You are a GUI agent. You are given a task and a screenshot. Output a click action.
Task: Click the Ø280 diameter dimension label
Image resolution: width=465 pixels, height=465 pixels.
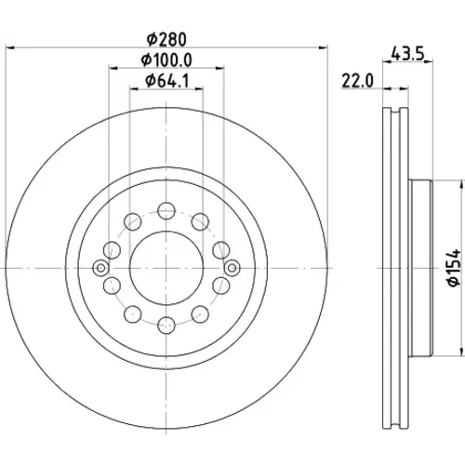pyautogui.click(x=166, y=39)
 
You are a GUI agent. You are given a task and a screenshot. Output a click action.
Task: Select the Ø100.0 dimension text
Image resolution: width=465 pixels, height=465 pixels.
pyautogui.click(x=166, y=60)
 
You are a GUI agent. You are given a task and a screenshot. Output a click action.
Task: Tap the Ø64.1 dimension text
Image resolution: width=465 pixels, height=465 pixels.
pyautogui.click(x=166, y=81)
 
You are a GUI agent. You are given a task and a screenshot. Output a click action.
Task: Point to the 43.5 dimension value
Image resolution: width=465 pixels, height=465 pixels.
pyautogui.click(x=407, y=53)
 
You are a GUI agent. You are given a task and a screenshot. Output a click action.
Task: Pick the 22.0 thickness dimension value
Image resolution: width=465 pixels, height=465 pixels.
pyautogui.click(x=358, y=81)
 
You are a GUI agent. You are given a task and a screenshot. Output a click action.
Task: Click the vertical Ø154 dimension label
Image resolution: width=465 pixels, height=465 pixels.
pyautogui.click(x=455, y=268)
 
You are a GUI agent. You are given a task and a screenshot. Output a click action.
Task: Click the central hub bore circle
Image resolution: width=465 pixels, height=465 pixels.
pyautogui.click(x=166, y=268)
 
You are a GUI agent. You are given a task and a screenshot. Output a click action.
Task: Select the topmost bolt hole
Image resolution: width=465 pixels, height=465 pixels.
pyautogui.click(x=166, y=211)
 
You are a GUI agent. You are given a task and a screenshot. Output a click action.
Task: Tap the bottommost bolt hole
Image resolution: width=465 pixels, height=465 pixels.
pyautogui.click(x=166, y=325)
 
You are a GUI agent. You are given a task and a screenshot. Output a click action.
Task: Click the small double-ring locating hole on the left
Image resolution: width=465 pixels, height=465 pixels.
pyautogui.click(x=100, y=268)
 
